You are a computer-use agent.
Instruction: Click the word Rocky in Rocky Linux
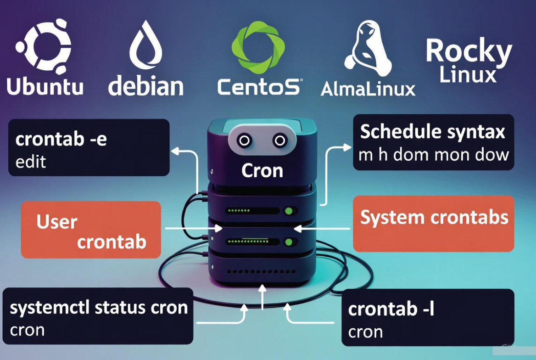click(x=468, y=51)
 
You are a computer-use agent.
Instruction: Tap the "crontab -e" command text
click(x=61, y=139)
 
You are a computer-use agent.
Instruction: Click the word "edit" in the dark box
click(x=30, y=162)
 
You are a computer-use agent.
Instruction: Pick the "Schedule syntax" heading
click(x=432, y=132)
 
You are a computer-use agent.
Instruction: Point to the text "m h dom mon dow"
click(x=433, y=154)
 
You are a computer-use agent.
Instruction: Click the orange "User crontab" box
click(x=91, y=230)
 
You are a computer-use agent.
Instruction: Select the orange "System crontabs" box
click(x=433, y=224)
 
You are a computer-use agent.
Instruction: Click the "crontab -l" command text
click(x=391, y=309)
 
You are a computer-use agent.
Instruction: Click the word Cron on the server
click(x=262, y=171)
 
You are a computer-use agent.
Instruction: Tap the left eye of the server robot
click(x=245, y=141)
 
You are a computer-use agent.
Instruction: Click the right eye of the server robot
click(x=279, y=141)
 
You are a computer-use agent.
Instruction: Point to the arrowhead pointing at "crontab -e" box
click(x=173, y=149)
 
